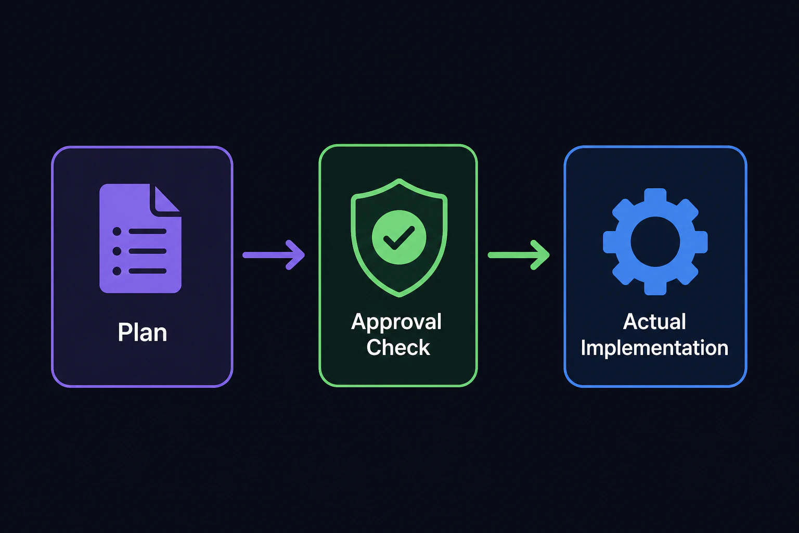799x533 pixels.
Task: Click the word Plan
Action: point(143,333)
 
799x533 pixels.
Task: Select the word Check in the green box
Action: point(398,347)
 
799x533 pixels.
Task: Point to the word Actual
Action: point(654,322)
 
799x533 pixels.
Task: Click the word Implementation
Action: point(654,348)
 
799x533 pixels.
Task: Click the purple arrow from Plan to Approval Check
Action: point(274,255)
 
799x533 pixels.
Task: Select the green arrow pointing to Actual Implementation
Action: point(519,255)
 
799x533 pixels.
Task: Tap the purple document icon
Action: point(140,238)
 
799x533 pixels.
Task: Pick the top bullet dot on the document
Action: point(117,231)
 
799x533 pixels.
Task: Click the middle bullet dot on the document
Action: point(117,251)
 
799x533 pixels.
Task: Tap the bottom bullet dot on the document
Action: point(117,271)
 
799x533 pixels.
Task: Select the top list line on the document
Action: point(148,231)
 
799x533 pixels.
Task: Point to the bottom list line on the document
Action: point(148,271)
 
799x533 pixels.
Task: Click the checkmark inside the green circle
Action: point(399,238)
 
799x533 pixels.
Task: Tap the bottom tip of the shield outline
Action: point(399,295)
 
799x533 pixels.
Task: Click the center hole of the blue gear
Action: point(655,242)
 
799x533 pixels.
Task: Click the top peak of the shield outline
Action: point(399,181)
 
